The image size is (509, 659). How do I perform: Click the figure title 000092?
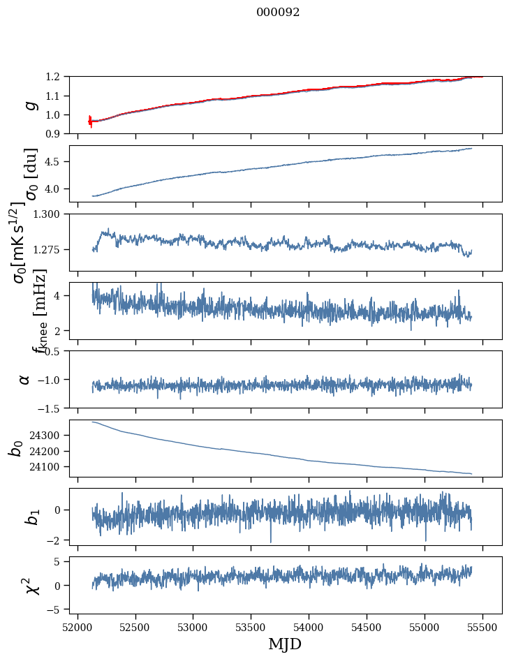pyautogui.click(x=278, y=13)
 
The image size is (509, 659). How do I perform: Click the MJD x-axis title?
pyautogui.click(x=285, y=644)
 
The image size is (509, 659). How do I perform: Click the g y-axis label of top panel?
pyautogui.click(x=29, y=105)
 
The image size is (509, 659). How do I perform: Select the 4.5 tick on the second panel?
pyautogui.click(x=57, y=161)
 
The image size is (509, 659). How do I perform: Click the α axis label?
pyautogui.click(x=24, y=379)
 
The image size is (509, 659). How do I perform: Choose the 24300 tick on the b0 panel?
pyautogui.click(x=48, y=435)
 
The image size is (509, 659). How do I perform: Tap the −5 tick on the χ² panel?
pyautogui.click(x=57, y=609)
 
